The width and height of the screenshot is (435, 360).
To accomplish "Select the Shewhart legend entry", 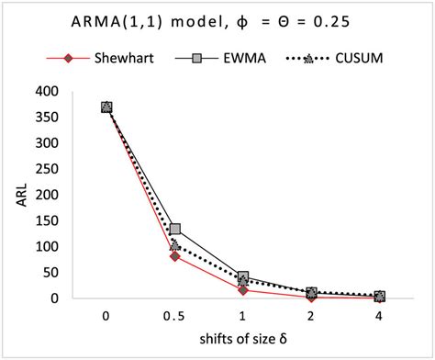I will [116, 58].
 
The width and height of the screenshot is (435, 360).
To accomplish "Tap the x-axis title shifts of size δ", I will [243, 342].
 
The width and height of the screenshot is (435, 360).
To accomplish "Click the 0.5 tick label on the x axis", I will [174, 315].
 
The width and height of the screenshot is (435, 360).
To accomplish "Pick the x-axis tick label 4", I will [379, 315].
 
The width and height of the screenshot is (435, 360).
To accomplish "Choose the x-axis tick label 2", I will [311, 315].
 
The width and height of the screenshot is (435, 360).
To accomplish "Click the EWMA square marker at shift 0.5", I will [174, 229].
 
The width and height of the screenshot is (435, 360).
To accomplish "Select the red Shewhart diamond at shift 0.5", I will [174, 256].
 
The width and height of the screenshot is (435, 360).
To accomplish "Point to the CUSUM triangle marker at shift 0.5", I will [174, 245].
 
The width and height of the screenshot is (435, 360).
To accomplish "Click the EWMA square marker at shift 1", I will [243, 276].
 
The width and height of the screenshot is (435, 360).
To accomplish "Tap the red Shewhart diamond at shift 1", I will [243, 290].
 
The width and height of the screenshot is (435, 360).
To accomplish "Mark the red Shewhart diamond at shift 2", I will [311, 297].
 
